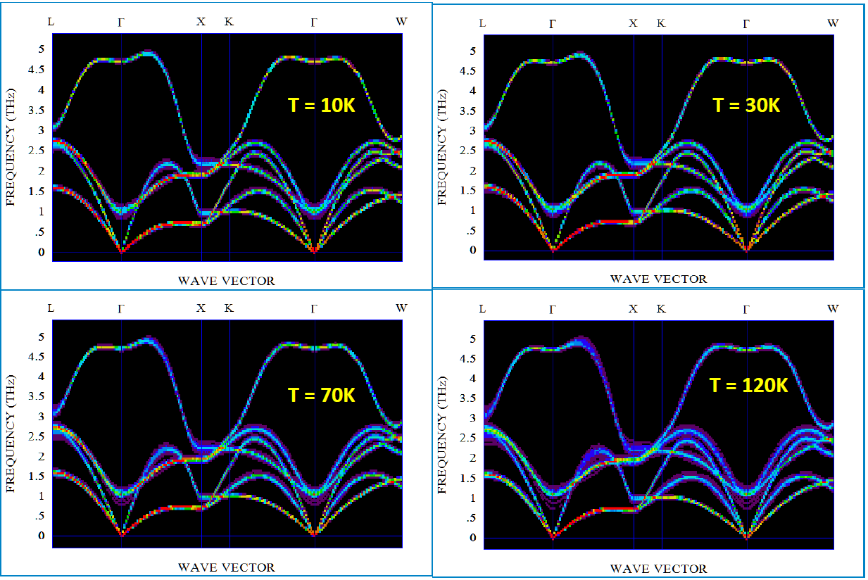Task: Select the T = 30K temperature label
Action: pyautogui.click(x=746, y=106)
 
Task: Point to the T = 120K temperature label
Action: pyautogui.click(x=748, y=385)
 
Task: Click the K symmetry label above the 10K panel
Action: pyautogui.click(x=229, y=21)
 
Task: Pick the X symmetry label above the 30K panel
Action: pyautogui.click(x=633, y=23)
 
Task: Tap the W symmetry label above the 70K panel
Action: pyautogui.click(x=401, y=308)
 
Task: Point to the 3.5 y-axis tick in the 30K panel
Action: pyautogui.click(x=468, y=111)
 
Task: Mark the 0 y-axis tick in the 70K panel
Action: pyautogui.click(x=42, y=536)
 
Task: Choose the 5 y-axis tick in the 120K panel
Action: pyautogui.click(x=473, y=339)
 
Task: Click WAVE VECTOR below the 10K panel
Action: pyautogui.click(x=226, y=281)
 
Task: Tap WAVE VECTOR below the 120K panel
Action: pyautogui.click(x=658, y=569)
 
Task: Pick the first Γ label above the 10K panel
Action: pyautogui.click(x=121, y=21)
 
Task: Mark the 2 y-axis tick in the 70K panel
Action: pyautogui.click(x=42, y=456)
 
